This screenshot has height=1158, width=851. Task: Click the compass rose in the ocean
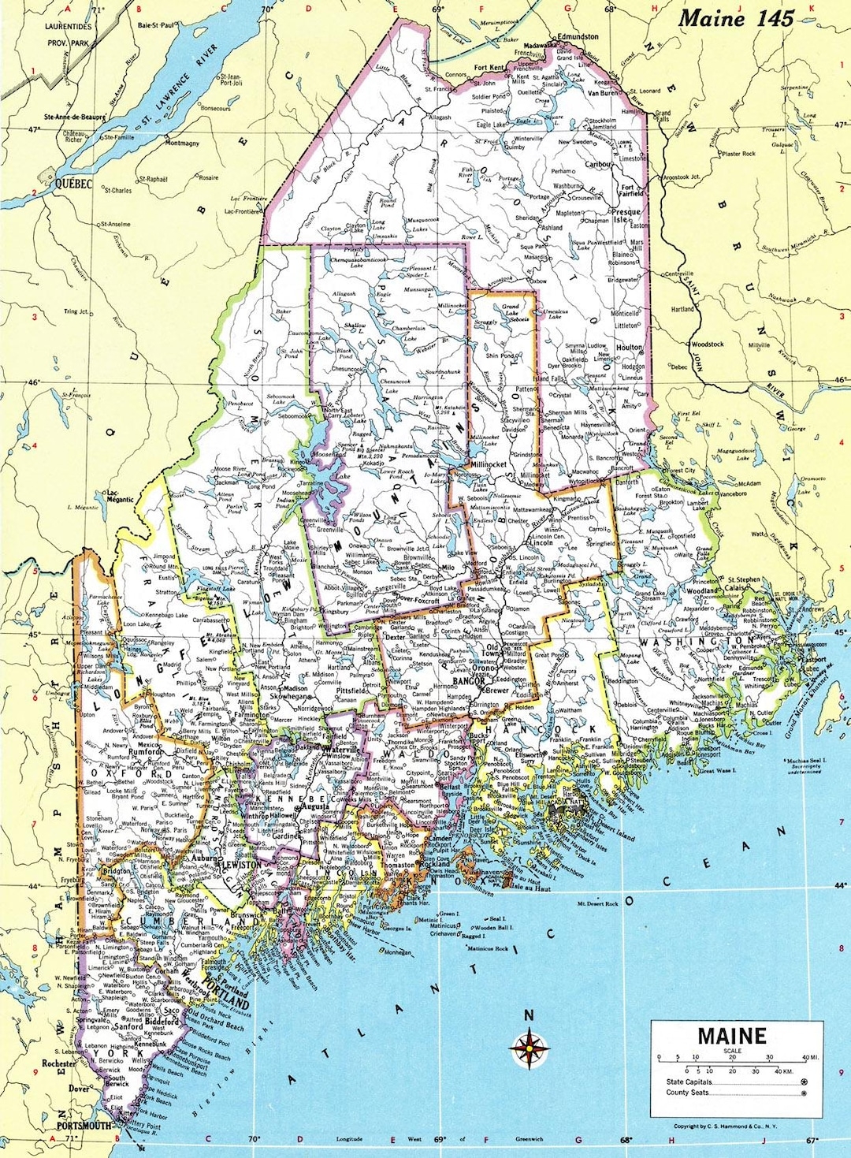point(530,1048)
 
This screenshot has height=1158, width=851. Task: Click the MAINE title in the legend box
point(730,1035)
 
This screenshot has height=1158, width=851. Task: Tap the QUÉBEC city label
point(73,184)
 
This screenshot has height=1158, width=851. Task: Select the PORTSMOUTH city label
point(84,1126)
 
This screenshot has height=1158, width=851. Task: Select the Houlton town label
point(630,347)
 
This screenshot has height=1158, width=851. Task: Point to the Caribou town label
point(598,165)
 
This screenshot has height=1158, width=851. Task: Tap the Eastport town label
point(813,660)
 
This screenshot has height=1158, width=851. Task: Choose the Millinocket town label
point(489,465)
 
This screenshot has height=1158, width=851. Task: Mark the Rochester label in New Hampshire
point(58,1063)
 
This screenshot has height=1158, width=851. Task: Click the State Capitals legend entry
point(689,1082)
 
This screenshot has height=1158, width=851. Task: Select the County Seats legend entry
point(688,1093)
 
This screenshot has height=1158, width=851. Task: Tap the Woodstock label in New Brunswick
point(707,344)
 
